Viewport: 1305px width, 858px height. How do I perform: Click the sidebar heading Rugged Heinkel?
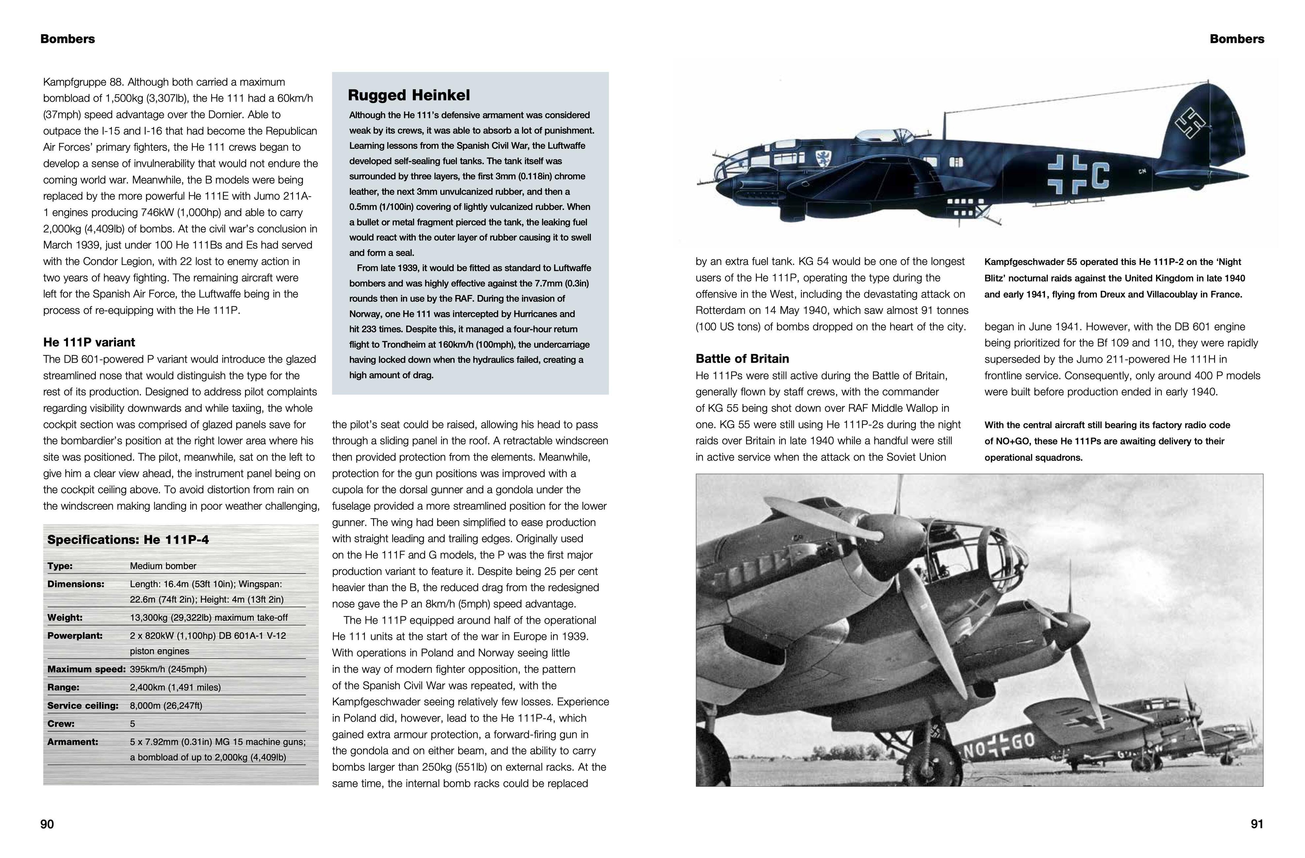point(409,95)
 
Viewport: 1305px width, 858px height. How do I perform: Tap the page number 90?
point(47,824)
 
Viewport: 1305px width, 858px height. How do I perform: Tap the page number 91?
point(1257,824)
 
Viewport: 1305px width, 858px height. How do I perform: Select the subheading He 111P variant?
point(89,342)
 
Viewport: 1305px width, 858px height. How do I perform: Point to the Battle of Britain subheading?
point(742,359)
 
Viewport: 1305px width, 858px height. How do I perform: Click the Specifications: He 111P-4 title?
point(128,540)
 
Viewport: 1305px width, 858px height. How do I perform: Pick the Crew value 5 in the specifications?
point(133,724)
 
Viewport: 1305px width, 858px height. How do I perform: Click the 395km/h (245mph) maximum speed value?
point(168,669)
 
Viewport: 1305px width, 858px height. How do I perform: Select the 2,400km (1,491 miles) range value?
point(175,687)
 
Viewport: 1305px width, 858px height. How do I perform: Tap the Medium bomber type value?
point(163,566)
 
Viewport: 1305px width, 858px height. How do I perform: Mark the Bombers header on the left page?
point(68,39)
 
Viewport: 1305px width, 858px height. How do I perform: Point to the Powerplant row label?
point(75,636)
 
